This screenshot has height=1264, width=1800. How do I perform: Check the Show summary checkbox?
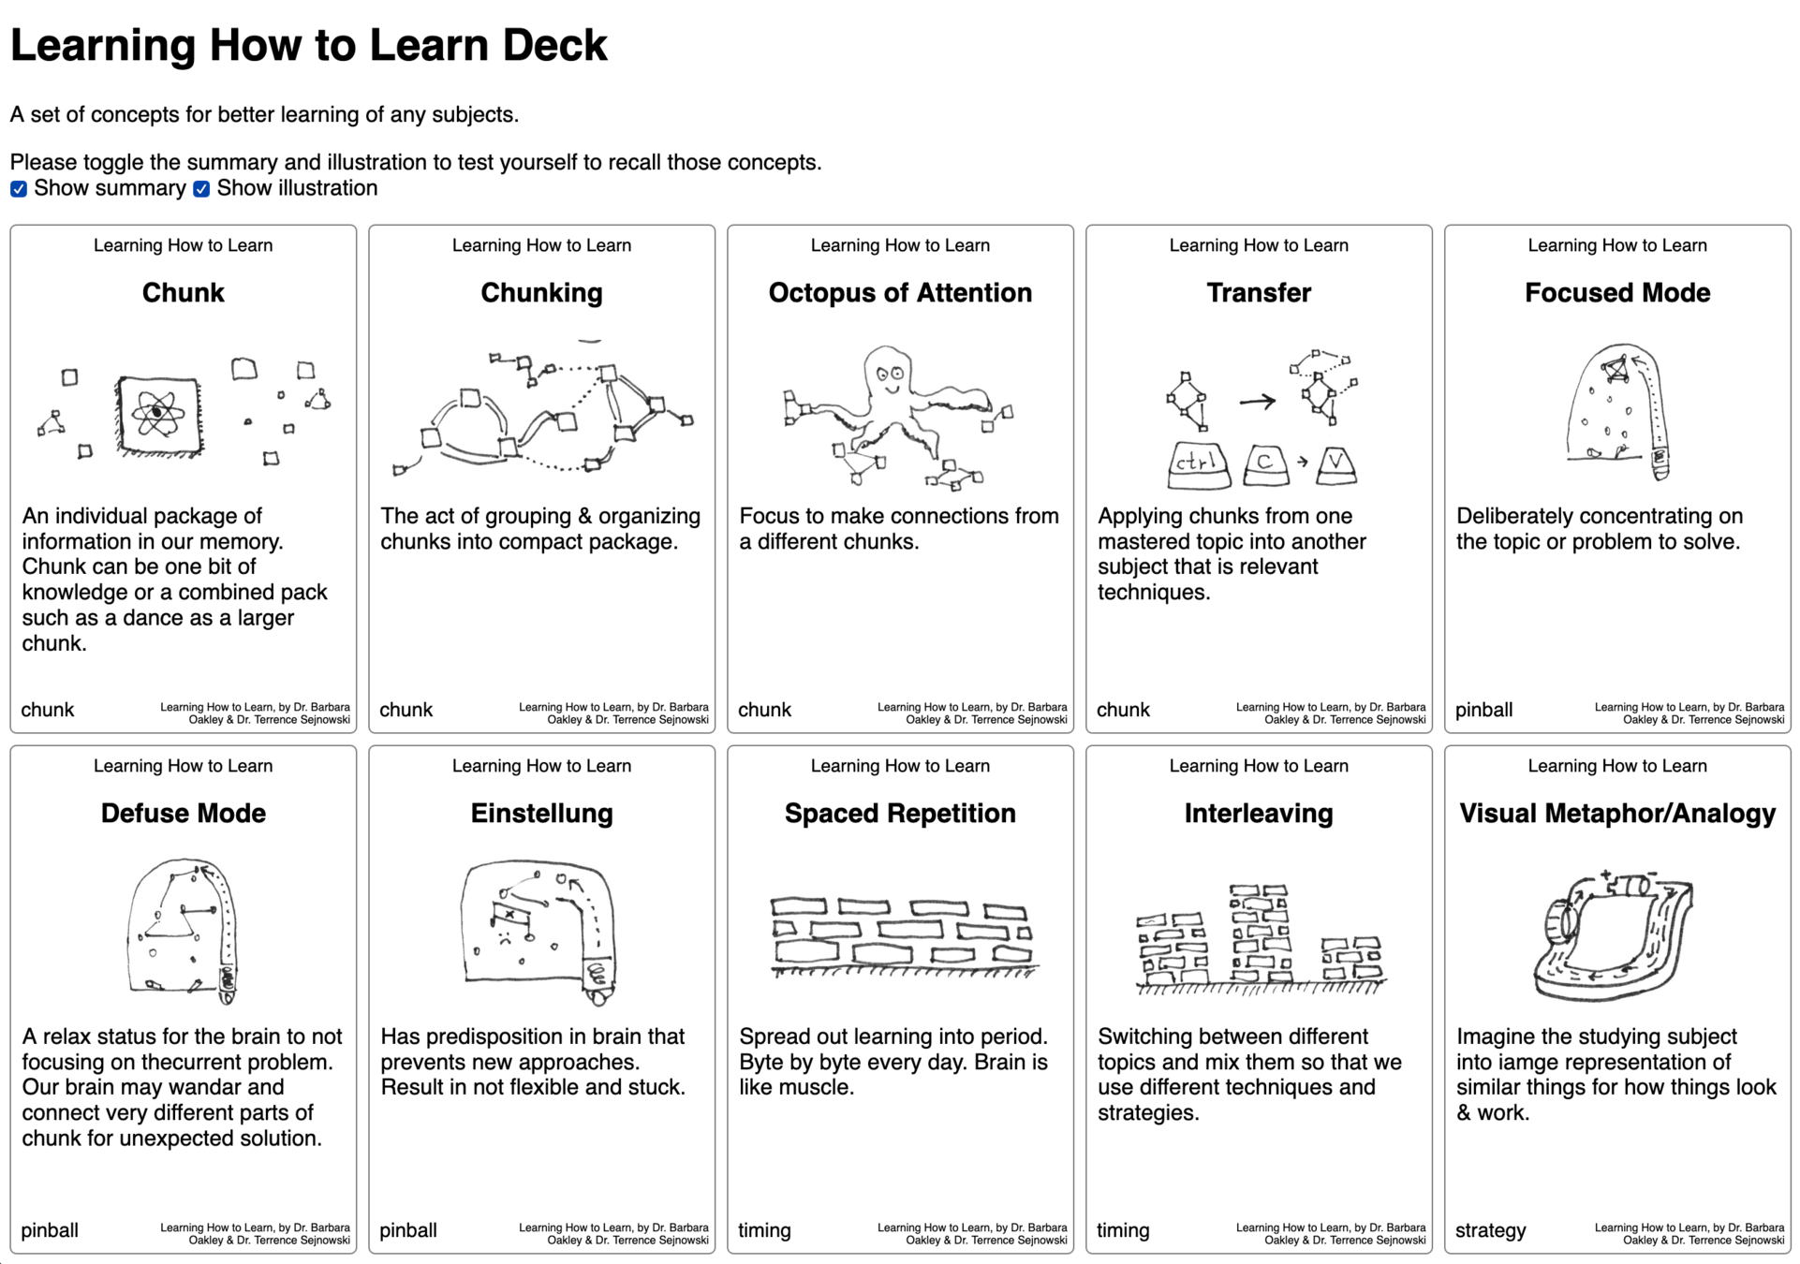pos(19,189)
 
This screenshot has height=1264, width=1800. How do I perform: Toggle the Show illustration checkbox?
pos(201,189)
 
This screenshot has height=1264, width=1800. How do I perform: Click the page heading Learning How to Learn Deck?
pos(308,45)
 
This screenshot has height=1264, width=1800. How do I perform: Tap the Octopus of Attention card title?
pos(900,293)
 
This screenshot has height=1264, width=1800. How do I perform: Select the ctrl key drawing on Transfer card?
pos(1199,463)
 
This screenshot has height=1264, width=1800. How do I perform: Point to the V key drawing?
pos(1336,464)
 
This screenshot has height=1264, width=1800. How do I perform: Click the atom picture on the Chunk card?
pos(158,413)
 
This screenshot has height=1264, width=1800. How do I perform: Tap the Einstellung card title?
pos(541,814)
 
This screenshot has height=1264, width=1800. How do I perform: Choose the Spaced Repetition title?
pos(900,814)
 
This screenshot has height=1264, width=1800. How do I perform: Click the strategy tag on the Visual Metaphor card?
pos(1490,1230)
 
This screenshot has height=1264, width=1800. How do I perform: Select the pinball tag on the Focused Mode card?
pos(1483,710)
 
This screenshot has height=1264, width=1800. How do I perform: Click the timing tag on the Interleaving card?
pos(1122,1230)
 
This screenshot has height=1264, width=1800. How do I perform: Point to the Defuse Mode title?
pos(184,814)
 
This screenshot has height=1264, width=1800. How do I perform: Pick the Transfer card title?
pos(1259,293)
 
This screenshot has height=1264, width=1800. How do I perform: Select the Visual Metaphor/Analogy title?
pos(1617,814)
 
